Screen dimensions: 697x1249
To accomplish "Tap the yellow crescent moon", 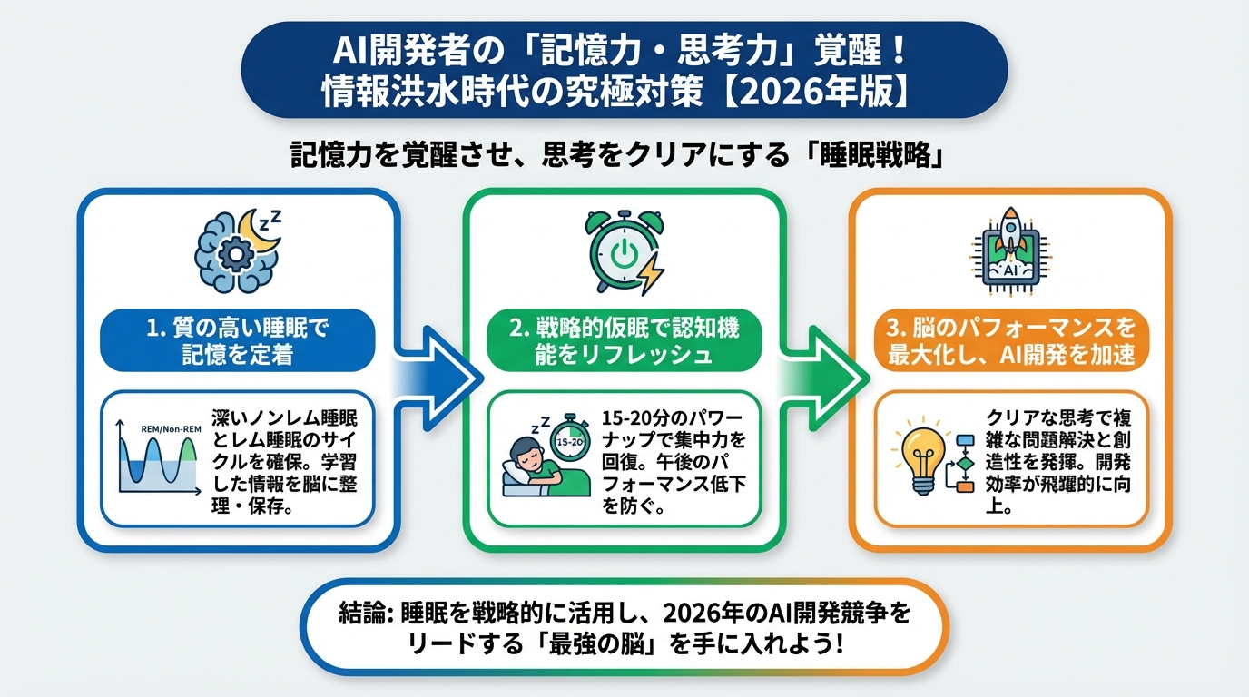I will coord(260,235).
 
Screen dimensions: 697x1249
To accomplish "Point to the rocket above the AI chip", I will coord(1008,227).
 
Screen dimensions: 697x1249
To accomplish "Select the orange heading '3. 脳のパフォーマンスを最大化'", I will coord(1009,340).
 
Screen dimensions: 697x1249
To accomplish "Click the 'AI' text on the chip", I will coord(1008,270).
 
